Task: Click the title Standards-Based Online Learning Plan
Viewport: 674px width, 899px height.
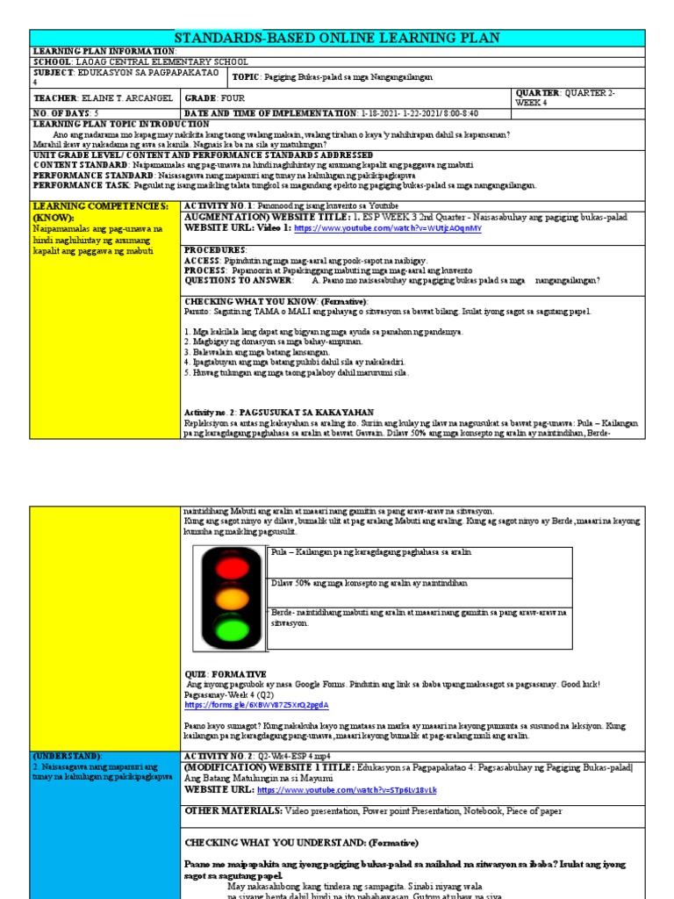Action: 337,37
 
